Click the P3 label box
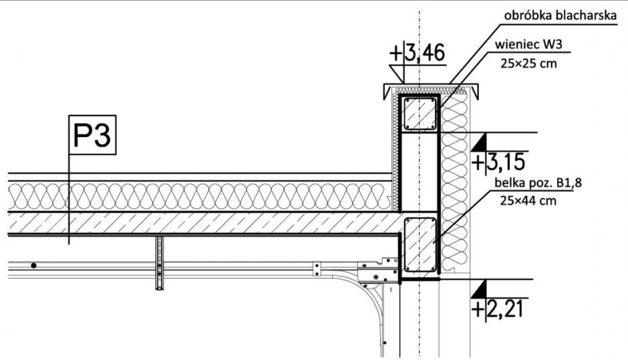pos(92,134)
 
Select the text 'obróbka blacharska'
pos(560,15)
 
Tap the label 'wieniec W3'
pos(528,44)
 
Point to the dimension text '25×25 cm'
pos(528,63)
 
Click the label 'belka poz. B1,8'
pos(538,183)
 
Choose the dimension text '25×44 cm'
pos(528,200)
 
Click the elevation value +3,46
pos(417,53)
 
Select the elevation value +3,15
pos(498,162)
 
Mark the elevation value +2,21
pos(498,309)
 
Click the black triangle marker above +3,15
pos(480,143)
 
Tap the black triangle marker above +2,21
pos(480,290)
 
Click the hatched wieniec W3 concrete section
pos(420,114)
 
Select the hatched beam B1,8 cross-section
pos(420,244)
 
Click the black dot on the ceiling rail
pos(33,266)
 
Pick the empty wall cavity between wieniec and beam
pos(420,171)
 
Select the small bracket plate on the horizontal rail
pos(317,268)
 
